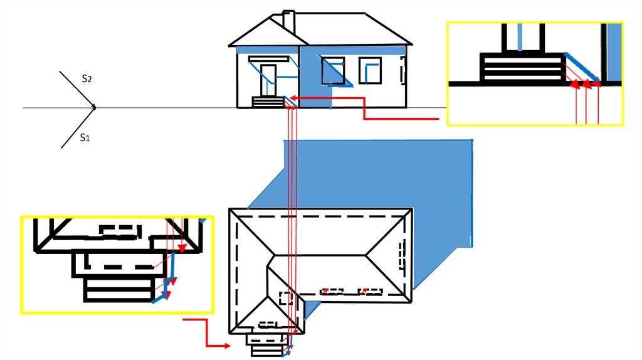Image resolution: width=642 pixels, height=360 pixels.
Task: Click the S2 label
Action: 87,79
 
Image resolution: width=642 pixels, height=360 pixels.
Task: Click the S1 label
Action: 85,138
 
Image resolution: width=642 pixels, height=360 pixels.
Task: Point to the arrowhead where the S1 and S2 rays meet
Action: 93,108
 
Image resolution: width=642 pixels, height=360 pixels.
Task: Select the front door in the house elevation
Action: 269,78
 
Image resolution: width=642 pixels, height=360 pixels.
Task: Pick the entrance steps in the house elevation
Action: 267,102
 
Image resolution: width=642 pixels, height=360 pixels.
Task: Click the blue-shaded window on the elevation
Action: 332,70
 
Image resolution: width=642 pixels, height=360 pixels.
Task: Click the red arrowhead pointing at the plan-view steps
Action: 225,346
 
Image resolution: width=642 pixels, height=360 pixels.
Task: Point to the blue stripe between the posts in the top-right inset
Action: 522,36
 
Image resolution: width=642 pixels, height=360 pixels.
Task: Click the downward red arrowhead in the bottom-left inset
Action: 182,249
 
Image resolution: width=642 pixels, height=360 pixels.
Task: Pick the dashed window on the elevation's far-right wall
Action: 401,71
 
